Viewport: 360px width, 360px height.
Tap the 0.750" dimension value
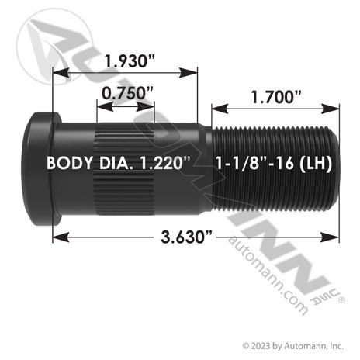127,93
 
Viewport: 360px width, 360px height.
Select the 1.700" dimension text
276,97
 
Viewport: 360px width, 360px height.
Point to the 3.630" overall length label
186,237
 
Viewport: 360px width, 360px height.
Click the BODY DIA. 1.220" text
119,163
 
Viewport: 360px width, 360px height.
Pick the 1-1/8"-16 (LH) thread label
274,163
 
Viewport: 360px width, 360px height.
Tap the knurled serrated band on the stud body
126,169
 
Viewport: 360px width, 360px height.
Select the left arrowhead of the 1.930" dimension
61,73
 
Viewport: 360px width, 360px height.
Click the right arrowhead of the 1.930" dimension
189,73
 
